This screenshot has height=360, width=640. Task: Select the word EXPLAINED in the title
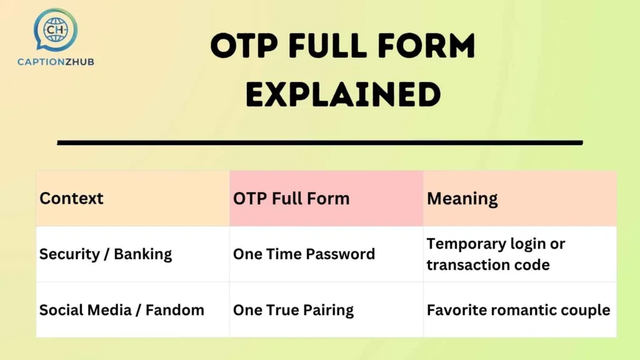tap(342, 95)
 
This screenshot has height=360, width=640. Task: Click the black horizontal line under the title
tap(319, 142)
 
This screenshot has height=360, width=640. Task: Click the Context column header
tap(71, 199)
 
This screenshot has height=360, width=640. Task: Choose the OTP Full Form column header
tap(291, 199)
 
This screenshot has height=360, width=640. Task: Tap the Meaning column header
tap(462, 199)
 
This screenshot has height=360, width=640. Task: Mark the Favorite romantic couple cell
tap(518, 310)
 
